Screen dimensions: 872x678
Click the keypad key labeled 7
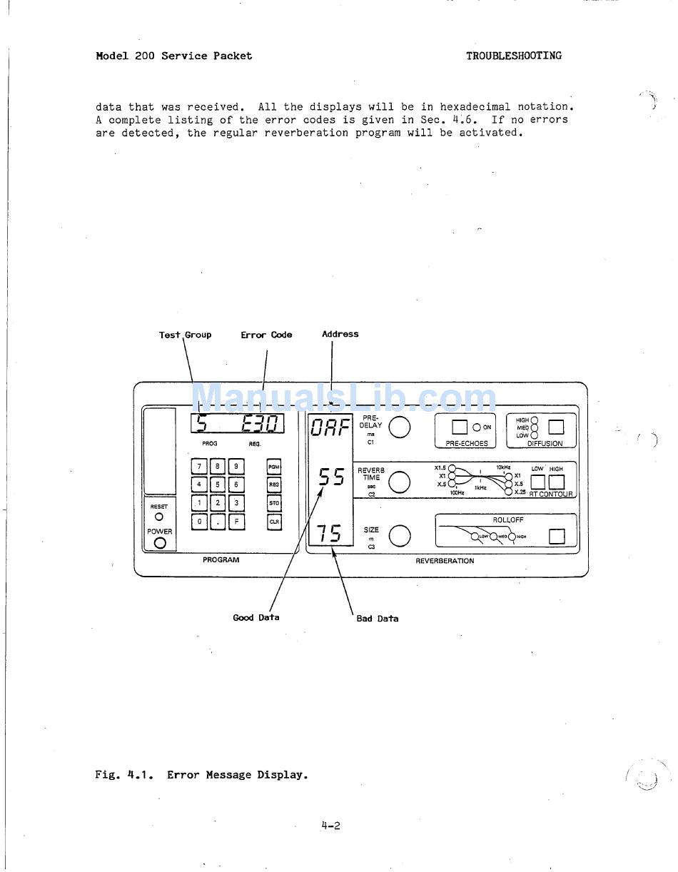[x=199, y=467]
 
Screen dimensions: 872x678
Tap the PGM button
[x=274, y=467]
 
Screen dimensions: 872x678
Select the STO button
[x=274, y=503]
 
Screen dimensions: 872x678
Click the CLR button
[x=274, y=522]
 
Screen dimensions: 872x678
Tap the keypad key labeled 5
[x=218, y=485]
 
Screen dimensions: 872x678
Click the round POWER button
[x=160, y=543]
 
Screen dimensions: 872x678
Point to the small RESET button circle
[x=158, y=517]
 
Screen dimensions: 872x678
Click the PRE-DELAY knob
[x=400, y=427]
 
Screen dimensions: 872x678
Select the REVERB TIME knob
[x=400, y=482]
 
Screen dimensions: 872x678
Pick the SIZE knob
[x=400, y=536]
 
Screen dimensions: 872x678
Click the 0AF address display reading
[x=330, y=427]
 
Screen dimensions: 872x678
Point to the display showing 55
[x=331, y=477]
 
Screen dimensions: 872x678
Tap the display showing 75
[x=329, y=533]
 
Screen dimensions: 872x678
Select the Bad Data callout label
[x=378, y=619]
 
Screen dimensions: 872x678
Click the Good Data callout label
[x=256, y=617]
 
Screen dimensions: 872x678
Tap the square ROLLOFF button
[x=556, y=536]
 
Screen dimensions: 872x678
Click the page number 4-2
[x=330, y=826]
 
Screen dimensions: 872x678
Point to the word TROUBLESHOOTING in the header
[x=514, y=56]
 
